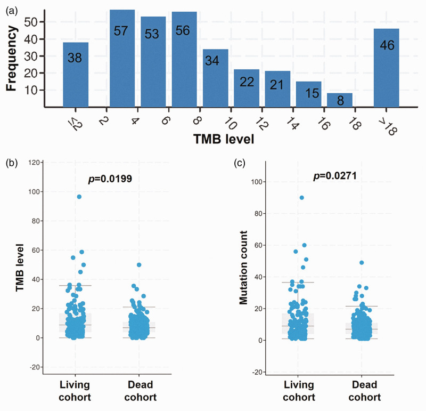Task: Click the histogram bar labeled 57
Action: [122, 59]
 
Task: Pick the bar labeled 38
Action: [76, 75]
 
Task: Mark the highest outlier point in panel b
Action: [79, 197]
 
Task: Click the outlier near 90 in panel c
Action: [301, 197]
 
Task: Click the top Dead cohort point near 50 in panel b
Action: [139, 264]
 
